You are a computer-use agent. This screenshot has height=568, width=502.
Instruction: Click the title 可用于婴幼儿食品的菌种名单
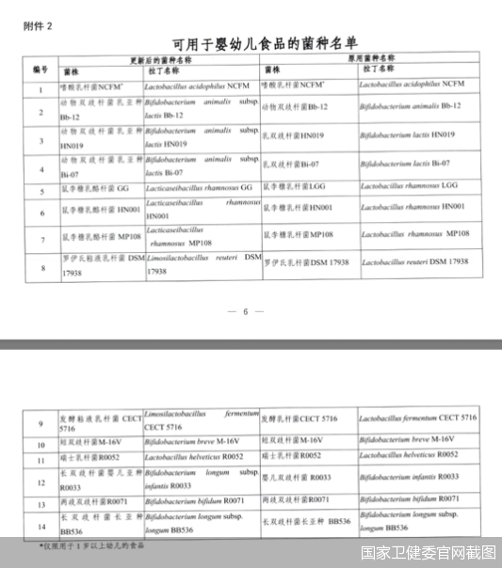253,43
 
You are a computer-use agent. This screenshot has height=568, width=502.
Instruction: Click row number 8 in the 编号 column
40,268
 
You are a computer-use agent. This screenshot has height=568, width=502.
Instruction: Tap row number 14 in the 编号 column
40,524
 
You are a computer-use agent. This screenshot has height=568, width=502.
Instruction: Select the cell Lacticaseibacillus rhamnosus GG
199,188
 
